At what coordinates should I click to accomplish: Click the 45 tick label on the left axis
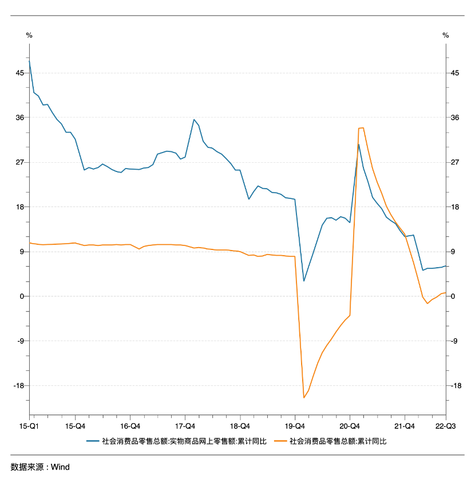coord(20,73)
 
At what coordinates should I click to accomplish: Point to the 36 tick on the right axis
coord(456,118)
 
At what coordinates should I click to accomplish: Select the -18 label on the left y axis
coord(19,385)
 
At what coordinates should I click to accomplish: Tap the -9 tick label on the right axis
coord(454,341)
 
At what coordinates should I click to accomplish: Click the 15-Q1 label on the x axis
coord(28,426)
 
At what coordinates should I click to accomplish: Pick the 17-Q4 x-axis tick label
coord(185,426)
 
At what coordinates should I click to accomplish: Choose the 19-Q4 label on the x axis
coord(295,426)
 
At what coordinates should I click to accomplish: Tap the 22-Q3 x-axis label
coord(445,426)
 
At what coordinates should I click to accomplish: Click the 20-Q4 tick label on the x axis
coord(350,426)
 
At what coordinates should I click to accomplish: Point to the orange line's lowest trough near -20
coord(304,397)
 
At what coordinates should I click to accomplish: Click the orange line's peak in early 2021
coord(363,128)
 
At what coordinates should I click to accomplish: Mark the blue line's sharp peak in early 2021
coord(359,144)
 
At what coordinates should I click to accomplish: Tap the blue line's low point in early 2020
coord(304,281)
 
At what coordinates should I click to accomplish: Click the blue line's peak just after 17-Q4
coord(194,119)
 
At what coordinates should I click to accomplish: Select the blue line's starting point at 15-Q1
coord(29,61)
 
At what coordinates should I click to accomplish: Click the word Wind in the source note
coord(60,467)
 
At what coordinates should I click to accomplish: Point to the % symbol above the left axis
coord(29,36)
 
